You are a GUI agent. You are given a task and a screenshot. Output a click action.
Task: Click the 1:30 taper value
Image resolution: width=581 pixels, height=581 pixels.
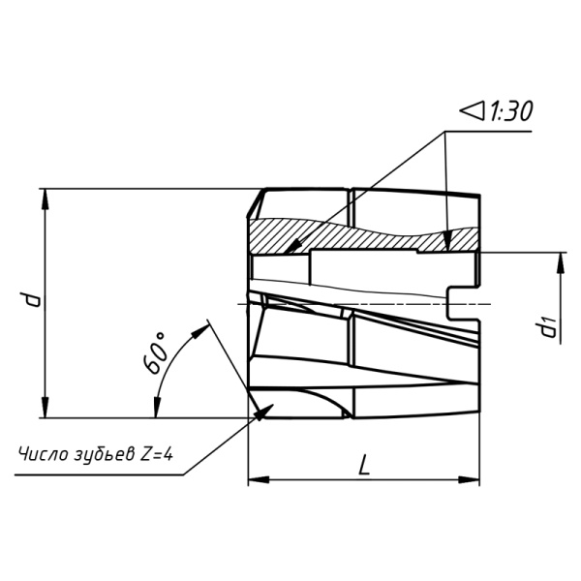[511, 110]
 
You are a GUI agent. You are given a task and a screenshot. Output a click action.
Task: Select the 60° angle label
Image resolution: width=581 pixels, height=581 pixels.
[155, 353]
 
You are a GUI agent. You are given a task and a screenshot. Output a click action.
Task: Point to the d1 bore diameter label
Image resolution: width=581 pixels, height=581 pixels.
[548, 325]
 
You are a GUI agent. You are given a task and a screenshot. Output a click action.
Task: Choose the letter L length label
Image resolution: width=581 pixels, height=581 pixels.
[364, 465]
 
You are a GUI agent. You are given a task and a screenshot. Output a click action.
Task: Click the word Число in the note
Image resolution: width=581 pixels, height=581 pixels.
[44, 454]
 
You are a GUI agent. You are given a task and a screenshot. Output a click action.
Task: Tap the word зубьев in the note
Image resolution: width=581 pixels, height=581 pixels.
[105, 455]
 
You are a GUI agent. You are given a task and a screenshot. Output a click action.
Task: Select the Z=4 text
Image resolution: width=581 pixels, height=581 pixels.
[156, 454]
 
